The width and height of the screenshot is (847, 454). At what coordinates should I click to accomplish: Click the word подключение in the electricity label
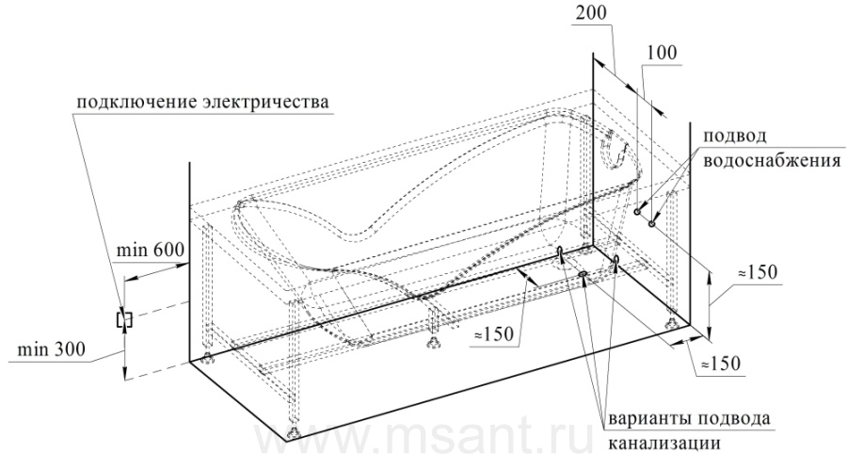[135, 103]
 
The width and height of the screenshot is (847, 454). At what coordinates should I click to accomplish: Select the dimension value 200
[590, 13]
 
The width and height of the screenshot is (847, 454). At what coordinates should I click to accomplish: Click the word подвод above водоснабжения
[734, 137]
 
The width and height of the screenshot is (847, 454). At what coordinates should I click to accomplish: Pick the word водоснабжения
[772, 160]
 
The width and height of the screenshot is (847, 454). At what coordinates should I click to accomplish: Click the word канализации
[664, 444]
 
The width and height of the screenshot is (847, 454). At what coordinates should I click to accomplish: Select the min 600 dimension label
[151, 250]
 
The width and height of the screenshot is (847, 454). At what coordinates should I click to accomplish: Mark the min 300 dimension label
[52, 349]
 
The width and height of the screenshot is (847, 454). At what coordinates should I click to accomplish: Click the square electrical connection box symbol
[124, 319]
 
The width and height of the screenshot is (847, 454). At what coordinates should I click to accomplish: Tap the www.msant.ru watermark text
[423, 437]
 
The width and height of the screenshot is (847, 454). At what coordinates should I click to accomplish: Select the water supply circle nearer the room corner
[638, 211]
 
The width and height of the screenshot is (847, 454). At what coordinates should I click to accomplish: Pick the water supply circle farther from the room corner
[651, 222]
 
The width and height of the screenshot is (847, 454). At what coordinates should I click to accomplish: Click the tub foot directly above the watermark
[294, 431]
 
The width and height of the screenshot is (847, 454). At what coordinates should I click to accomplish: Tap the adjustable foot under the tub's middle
[432, 342]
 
